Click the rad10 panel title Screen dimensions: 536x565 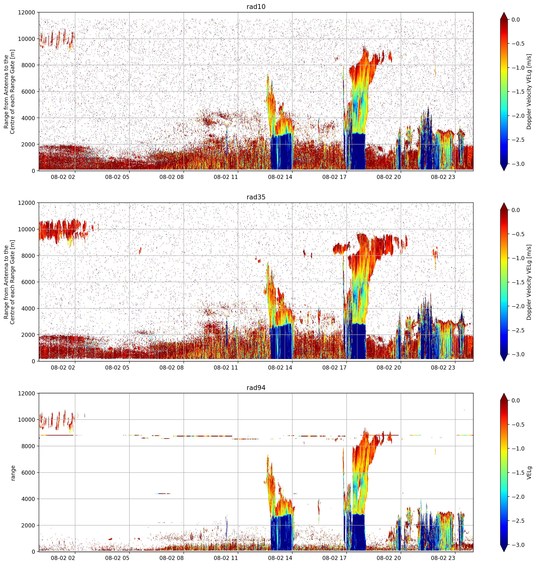tap(256, 7)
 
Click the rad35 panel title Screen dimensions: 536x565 tap(256, 197)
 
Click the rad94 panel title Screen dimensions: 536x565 tap(256, 388)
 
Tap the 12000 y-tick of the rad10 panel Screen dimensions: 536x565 tap(27, 13)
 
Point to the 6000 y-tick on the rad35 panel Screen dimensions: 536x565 tap(28, 282)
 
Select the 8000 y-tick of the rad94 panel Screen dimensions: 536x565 tap(28, 446)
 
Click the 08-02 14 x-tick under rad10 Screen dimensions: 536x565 tap(280, 177)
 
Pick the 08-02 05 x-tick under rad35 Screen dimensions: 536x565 tap(117, 368)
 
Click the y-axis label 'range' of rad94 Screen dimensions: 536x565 tap(13, 473)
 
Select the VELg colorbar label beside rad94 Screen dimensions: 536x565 tap(529, 473)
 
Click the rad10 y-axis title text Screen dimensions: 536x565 tap(9, 92)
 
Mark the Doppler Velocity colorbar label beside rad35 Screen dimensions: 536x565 tap(529, 282)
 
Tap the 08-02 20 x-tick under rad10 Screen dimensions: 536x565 tap(389, 177)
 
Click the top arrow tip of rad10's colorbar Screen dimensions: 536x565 tap(504, 12)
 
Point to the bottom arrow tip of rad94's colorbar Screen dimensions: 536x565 tap(504, 552)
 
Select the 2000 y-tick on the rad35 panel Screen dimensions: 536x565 tap(28, 335)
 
